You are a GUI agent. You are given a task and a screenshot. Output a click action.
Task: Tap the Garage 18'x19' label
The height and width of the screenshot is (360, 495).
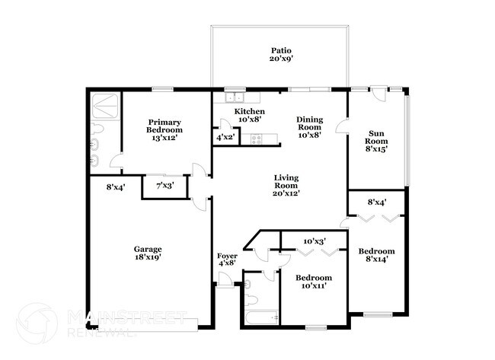pos(148,253)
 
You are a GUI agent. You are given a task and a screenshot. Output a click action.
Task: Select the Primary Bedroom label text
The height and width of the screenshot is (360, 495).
pos(165,130)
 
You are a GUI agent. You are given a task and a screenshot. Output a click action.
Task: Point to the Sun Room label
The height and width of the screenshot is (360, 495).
pos(375,141)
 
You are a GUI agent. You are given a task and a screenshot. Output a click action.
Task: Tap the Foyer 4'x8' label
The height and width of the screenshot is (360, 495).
pos(228,260)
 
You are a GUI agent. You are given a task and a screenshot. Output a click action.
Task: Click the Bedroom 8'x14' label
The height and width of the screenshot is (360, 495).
pos(376,256)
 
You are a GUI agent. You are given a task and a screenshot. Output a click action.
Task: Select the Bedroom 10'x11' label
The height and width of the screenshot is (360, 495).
pos(313,282)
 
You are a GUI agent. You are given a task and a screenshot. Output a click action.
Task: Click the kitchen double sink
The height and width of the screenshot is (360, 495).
pos(235,97)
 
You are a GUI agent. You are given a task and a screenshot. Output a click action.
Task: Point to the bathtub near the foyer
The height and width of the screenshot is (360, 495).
pos(260,317)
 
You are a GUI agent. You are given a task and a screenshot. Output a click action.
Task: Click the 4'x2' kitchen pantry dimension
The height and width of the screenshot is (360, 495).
pos(225,138)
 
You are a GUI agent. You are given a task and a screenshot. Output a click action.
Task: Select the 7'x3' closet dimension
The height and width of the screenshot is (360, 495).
pos(164,185)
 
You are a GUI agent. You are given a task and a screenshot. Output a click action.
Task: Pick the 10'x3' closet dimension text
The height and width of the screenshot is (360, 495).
pos(314,241)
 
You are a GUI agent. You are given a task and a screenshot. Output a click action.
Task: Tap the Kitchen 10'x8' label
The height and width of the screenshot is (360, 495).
pos(249,116)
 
